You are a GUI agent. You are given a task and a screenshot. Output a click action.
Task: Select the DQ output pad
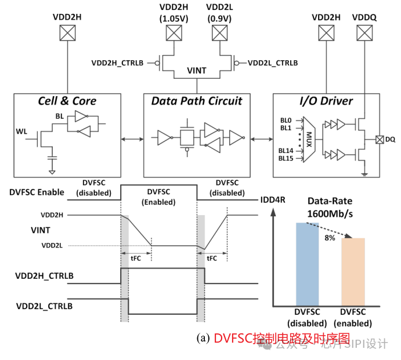(378, 139)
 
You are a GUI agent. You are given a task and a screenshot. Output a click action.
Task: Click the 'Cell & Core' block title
(67, 101)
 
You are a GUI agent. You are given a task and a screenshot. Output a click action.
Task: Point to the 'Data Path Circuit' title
(197, 101)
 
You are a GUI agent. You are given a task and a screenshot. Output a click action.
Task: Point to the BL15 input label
(287, 158)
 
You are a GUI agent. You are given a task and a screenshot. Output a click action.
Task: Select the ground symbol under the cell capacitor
(52, 172)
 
